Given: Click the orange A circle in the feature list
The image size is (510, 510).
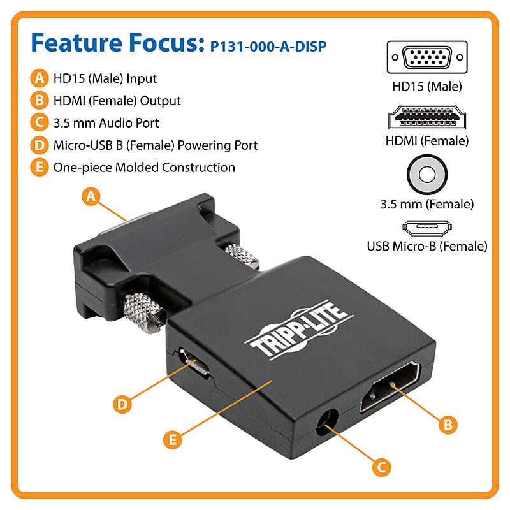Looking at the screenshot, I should (x=40, y=79).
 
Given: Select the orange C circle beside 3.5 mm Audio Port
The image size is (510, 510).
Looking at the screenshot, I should (x=40, y=123).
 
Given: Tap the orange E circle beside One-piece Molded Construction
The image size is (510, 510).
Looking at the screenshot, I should (x=40, y=168).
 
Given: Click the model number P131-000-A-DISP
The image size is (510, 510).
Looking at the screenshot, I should (x=271, y=47).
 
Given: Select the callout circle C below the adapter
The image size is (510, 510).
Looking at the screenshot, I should (x=380, y=467).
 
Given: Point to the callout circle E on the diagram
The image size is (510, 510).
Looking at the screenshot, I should (x=171, y=439).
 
